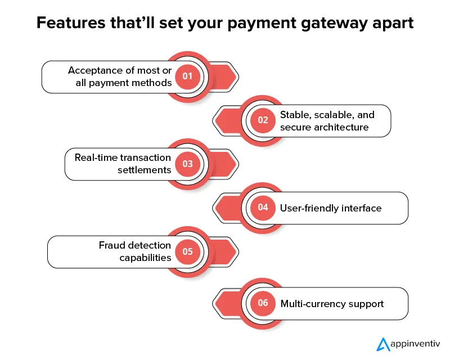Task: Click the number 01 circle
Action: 187,76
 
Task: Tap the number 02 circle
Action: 263,120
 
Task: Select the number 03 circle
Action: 187,164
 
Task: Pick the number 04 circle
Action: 263,208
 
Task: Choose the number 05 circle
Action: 187,251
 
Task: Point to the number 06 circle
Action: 263,303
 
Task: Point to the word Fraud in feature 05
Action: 112,245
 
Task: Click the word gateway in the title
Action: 322,24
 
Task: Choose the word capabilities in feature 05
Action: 145,258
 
